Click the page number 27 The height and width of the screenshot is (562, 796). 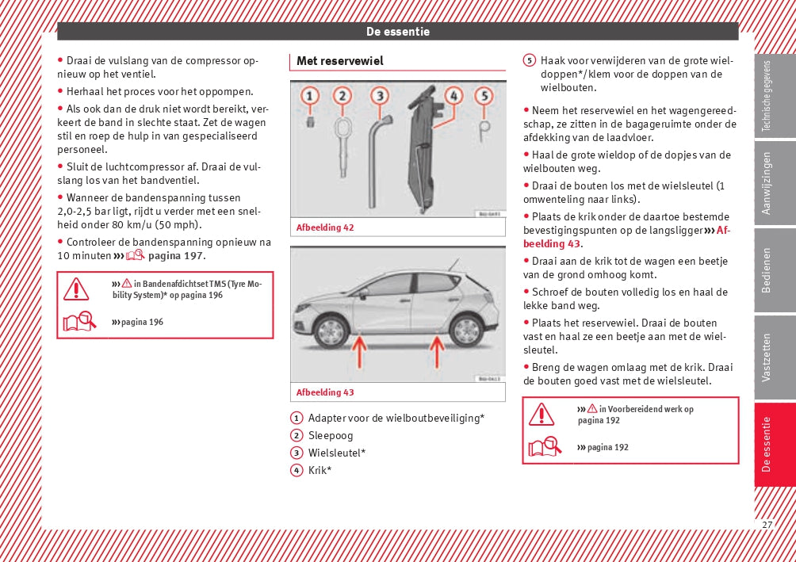pos(767,525)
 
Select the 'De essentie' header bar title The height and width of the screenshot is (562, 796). pos(397,32)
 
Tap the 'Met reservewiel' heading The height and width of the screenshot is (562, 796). pos(339,61)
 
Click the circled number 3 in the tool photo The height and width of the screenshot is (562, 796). pos(380,97)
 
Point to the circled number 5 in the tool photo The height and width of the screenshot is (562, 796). pos(484,97)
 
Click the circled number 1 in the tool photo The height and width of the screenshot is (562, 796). pos(310,97)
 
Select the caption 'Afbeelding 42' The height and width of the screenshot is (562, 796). pos(325,227)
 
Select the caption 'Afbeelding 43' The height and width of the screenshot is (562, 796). pos(325,392)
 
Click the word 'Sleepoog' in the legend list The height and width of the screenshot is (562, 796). pos(331,435)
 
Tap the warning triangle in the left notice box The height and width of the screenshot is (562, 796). pos(76,289)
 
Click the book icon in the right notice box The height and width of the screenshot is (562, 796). pos(545,448)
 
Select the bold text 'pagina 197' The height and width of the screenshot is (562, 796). pos(175,255)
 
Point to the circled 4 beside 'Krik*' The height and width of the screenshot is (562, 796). pos(297,470)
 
